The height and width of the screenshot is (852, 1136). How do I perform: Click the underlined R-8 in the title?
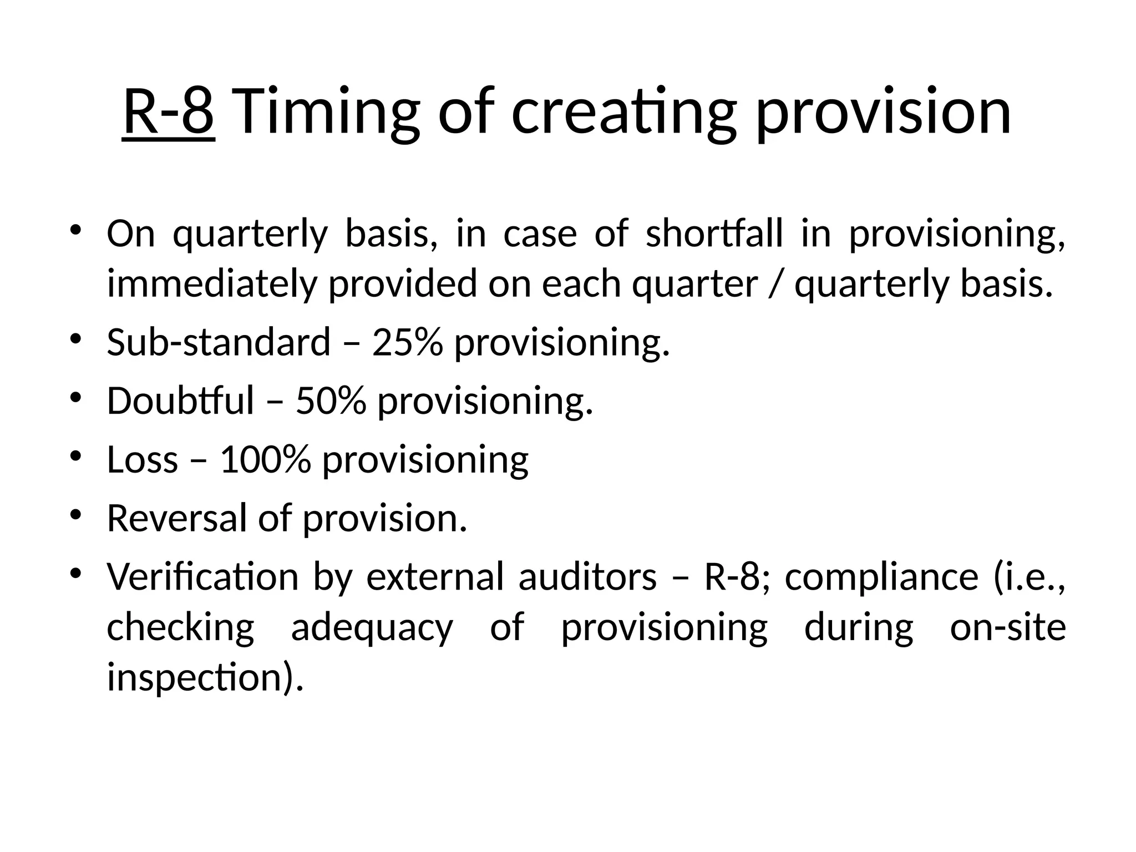[168, 112]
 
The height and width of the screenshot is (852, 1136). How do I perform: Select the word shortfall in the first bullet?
[715, 234]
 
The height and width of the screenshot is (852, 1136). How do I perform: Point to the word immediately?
[211, 283]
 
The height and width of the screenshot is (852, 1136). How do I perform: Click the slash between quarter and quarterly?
[775, 283]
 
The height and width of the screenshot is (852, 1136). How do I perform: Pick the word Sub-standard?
[219, 342]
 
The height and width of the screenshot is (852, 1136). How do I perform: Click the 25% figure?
[408, 342]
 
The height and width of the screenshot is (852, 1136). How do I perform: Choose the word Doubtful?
[180, 400]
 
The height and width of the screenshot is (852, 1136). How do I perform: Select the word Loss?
[142, 459]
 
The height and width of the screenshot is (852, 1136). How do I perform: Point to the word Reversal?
[176, 518]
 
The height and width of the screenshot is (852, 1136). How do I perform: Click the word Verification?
[202, 577]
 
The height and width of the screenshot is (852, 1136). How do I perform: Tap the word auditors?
[587, 577]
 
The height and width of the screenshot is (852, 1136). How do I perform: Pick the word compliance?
[881, 577]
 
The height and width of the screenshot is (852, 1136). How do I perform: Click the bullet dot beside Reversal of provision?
[77, 515]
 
